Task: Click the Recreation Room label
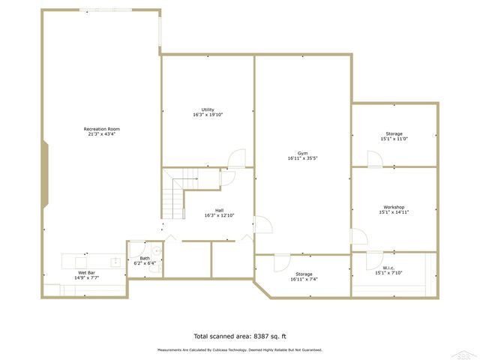[x=102, y=129]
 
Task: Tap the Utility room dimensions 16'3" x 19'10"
[x=208, y=115]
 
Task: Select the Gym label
[x=303, y=153]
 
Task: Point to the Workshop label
[x=394, y=207]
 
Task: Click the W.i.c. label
[x=388, y=268]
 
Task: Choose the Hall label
[x=219, y=210]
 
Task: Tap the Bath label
[x=144, y=258]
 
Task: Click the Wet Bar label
[x=87, y=272]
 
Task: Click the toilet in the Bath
[x=156, y=250]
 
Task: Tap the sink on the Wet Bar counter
[x=115, y=262]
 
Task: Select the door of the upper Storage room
[x=373, y=159]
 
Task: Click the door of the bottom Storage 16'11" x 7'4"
[x=281, y=262]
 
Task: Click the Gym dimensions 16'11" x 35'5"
[x=303, y=158]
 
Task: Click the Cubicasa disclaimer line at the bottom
[x=240, y=349]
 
